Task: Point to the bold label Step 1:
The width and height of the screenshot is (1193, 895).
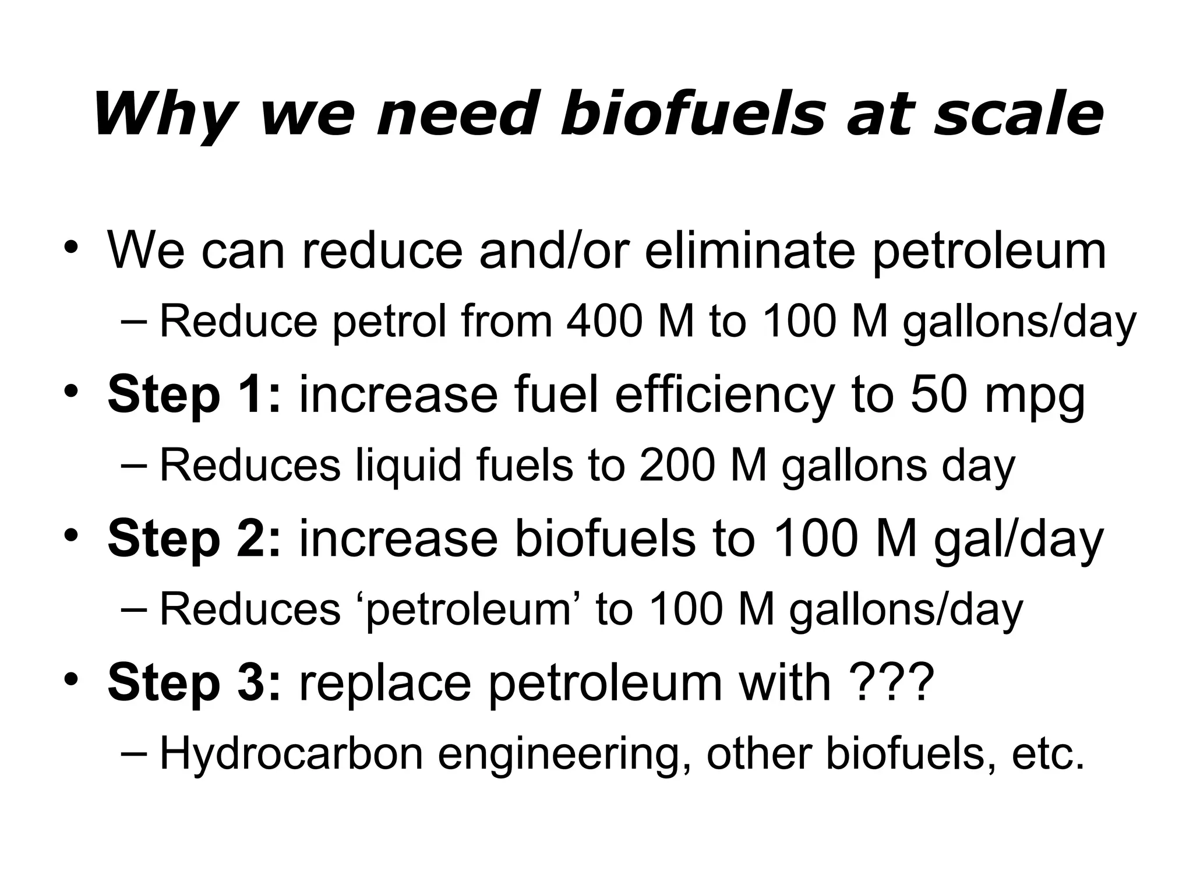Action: coord(195,395)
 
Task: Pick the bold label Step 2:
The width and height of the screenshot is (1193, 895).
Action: coord(195,538)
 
